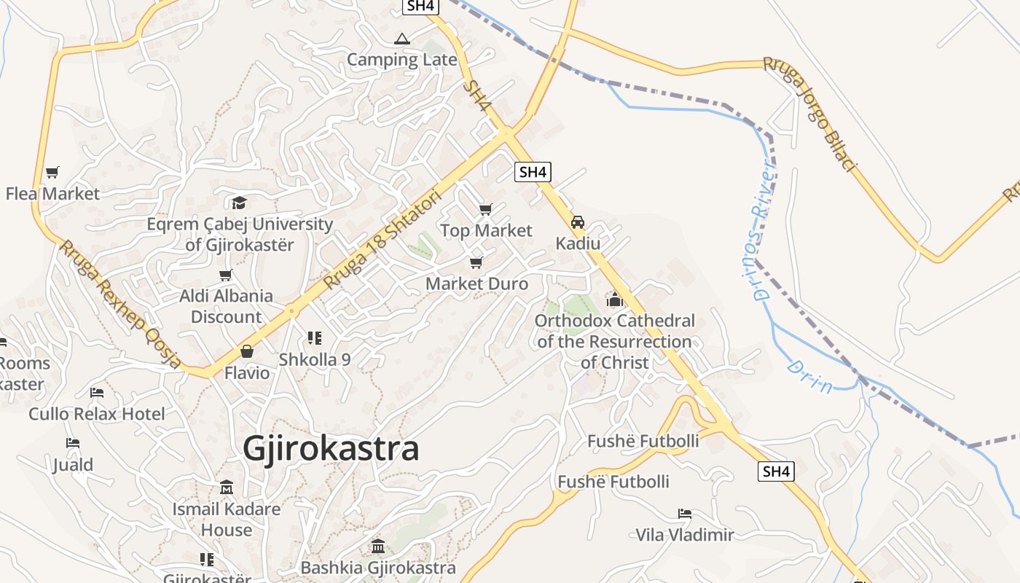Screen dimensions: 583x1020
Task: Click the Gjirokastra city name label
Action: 331,449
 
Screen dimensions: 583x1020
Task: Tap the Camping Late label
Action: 401,60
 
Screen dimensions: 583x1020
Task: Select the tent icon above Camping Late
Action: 401,39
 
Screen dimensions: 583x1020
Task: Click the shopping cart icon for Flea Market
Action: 52,173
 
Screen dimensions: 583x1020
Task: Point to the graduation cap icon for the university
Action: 240,203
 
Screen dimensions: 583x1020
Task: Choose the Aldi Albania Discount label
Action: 226,306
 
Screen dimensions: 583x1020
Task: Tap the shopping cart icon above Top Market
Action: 486,210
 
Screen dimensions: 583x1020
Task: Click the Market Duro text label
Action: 476,283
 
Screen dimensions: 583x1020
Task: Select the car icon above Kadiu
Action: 578,222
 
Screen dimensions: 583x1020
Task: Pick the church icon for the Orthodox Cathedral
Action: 615,300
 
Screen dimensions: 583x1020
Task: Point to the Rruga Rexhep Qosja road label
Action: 120,304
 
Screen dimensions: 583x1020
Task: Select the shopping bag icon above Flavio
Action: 247,351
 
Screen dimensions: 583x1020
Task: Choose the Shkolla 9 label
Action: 315,359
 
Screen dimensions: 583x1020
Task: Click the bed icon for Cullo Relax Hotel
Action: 97,393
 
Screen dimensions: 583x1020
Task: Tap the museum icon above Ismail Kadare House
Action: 227,487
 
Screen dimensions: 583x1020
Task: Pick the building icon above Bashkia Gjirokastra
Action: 378,546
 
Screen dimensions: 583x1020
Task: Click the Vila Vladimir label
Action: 685,535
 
